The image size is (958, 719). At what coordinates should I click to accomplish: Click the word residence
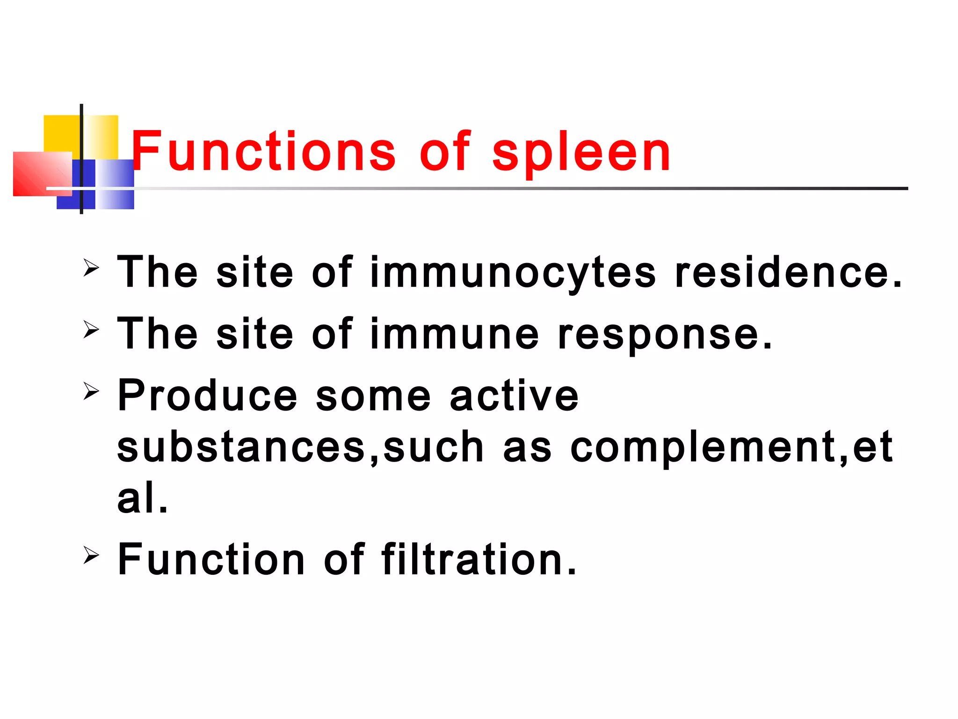(788, 272)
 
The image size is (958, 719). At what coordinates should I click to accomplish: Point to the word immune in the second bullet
(455, 334)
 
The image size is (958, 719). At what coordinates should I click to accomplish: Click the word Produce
(207, 396)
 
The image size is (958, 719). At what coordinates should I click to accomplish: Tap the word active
(514, 396)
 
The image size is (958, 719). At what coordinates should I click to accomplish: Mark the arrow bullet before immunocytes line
(91, 268)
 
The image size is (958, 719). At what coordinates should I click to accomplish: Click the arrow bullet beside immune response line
(91, 330)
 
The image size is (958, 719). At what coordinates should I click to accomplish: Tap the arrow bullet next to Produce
(91, 391)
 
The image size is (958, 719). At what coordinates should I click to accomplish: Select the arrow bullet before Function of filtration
(91, 555)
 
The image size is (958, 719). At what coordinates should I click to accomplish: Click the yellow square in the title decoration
(61, 133)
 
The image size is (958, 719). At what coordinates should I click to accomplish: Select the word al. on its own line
(142, 498)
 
